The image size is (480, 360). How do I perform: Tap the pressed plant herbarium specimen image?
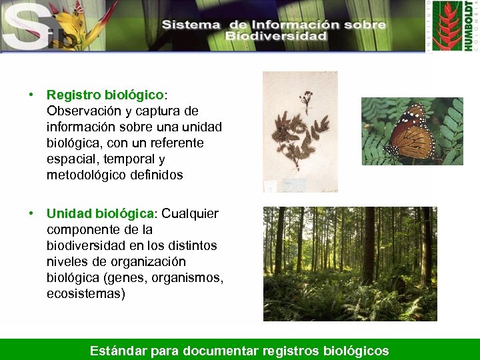[x=300, y=131]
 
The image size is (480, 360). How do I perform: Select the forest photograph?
[x=350, y=263]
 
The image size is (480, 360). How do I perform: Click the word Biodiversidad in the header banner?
[x=275, y=36]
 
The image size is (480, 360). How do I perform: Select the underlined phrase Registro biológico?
[x=105, y=95]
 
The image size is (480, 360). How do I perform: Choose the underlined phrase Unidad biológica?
[x=100, y=213]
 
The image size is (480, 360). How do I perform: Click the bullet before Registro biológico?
[x=31, y=95]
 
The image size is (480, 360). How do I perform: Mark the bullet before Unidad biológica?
[x=31, y=213]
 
